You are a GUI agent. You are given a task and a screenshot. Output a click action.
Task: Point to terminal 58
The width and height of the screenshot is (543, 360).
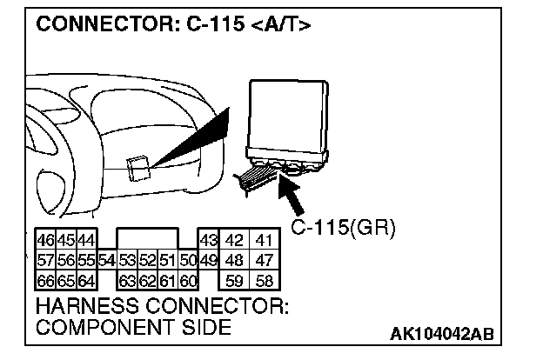click(265, 280)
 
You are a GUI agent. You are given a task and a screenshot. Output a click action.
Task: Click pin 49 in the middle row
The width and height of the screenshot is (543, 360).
click(207, 260)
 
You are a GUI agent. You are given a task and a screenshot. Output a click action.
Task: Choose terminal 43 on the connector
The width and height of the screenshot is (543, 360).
click(207, 240)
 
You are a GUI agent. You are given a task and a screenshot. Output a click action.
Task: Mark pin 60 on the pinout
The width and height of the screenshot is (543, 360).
click(189, 280)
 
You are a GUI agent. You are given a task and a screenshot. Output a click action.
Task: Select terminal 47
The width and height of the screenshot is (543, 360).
click(265, 260)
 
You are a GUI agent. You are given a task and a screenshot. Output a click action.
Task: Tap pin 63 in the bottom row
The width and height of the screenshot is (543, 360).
click(128, 280)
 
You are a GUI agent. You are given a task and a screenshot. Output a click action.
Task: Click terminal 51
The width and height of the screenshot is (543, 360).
click(168, 260)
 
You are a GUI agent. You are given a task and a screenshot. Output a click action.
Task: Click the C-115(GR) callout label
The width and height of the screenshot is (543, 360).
click(343, 229)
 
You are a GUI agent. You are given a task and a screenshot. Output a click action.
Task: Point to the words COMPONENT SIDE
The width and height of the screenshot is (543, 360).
click(133, 328)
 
